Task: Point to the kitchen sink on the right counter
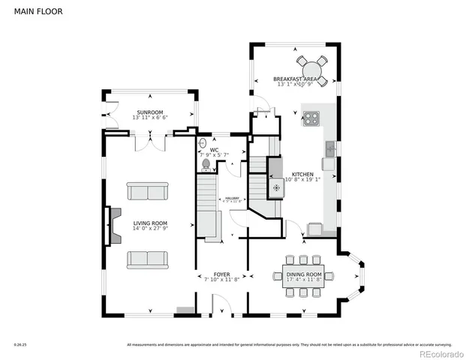(329, 162)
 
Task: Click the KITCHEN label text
(303, 174)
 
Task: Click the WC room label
(214, 150)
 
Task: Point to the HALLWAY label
(230, 198)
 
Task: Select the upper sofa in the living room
(147, 192)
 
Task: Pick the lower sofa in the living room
(147, 259)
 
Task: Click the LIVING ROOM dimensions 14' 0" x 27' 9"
(150, 229)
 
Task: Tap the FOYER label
(221, 274)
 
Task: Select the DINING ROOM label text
(304, 274)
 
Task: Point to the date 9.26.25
(20, 345)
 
